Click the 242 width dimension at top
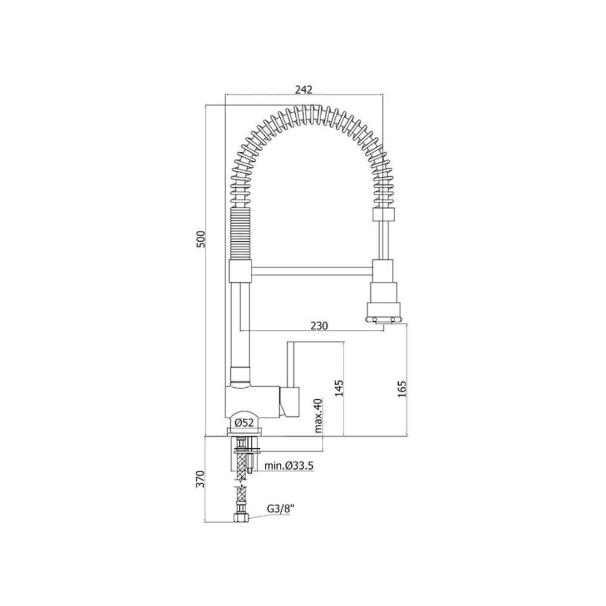tap(303, 89)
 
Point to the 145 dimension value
tap(338, 388)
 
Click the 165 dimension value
tap(402, 388)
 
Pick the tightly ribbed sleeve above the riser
tap(241, 233)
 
